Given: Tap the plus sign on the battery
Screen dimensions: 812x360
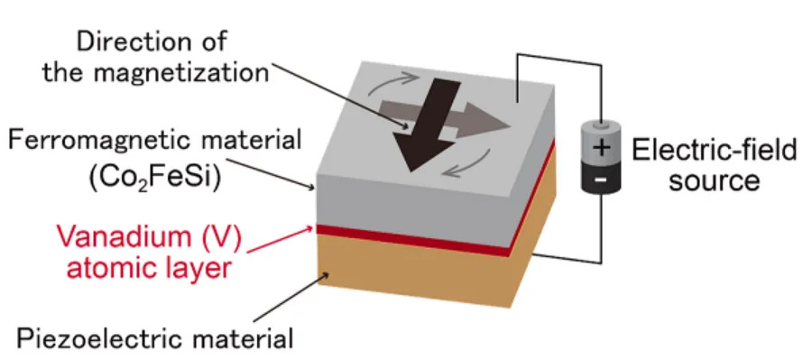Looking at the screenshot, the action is (x=601, y=149).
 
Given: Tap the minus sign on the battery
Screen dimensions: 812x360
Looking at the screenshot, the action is (x=601, y=180).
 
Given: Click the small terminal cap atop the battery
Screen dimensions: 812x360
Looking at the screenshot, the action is (x=601, y=125).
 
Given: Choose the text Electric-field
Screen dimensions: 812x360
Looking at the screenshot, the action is (x=715, y=151).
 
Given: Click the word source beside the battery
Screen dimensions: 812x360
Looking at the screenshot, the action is (x=715, y=180).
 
